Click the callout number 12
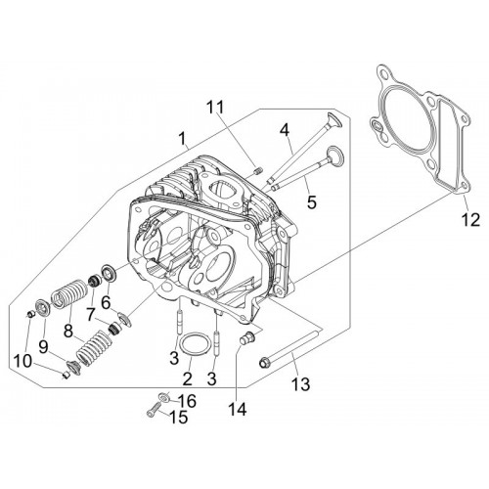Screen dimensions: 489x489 click(470, 220)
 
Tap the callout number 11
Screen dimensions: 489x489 click(215, 107)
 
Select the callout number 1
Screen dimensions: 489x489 click(183, 138)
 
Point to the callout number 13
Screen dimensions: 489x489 click(300, 383)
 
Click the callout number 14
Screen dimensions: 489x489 click(238, 409)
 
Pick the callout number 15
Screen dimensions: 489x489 click(179, 417)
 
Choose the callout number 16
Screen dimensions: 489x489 click(187, 401)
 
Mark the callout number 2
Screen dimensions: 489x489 click(187, 378)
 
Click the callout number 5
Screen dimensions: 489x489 click(312, 202)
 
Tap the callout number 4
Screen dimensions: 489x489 click(285, 130)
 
